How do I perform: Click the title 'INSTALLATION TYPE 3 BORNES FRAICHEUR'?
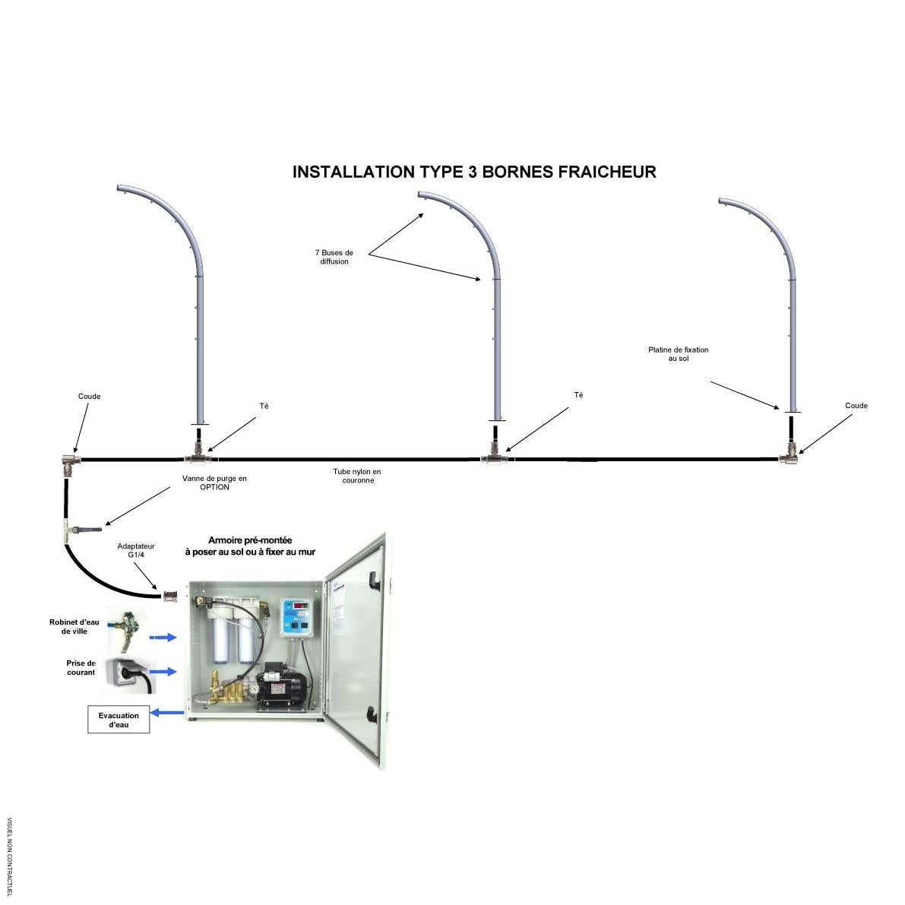click(x=474, y=172)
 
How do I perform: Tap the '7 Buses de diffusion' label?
click(x=334, y=257)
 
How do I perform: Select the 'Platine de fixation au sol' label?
click(x=678, y=354)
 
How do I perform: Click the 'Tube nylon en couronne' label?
click(x=357, y=476)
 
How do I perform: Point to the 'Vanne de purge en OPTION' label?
click(x=215, y=483)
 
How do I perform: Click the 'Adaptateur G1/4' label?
click(x=135, y=550)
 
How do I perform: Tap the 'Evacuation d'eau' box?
click(x=119, y=720)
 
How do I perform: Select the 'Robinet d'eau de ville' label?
click(x=74, y=626)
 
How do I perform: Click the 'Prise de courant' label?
click(x=81, y=668)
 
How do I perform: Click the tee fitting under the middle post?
click(x=494, y=456)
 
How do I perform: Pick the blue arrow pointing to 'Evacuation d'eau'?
click(x=167, y=713)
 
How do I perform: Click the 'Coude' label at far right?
click(x=856, y=406)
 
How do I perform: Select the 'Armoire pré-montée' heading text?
click(x=250, y=540)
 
